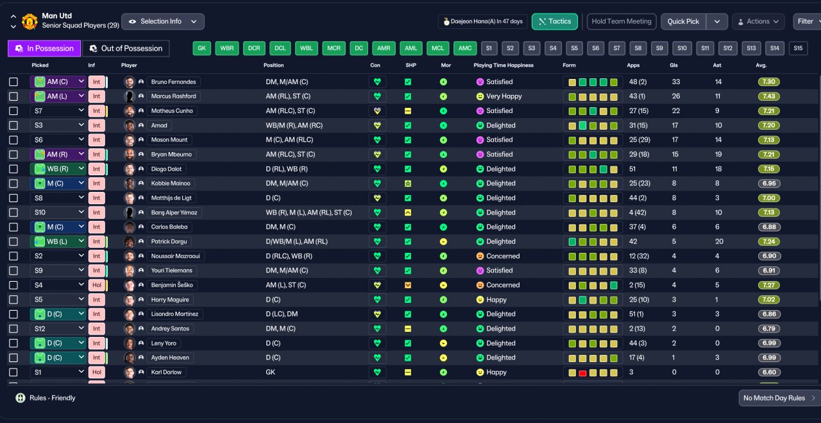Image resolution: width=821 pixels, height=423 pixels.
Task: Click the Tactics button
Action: pos(555,22)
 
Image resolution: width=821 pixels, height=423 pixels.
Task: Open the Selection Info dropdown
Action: pos(163,22)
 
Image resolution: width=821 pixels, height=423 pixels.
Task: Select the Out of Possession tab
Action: pos(126,48)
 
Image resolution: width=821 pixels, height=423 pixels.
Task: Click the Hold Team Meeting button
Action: pos(622,22)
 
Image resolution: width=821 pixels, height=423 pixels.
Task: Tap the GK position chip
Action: pos(201,48)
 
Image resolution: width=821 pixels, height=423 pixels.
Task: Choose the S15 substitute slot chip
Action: pos(798,48)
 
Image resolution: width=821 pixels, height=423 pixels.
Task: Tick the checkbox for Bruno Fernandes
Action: pos(13,82)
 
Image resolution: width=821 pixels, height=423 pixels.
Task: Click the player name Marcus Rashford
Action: pos(173,96)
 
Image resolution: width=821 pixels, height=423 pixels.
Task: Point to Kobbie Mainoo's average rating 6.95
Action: pos(769,184)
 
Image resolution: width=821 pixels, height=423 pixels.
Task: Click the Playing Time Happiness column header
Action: pos(504,65)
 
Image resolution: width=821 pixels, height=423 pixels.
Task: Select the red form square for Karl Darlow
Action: pos(582,373)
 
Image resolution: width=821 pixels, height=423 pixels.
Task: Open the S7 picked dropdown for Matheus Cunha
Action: pos(58,111)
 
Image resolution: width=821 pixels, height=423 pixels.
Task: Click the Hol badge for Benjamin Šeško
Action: pos(97,285)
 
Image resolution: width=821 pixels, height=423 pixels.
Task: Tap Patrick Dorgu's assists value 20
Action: pos(719,241)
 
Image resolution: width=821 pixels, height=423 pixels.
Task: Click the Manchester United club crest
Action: pos(30,22)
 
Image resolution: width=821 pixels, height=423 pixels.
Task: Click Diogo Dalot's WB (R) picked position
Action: pos(58,169)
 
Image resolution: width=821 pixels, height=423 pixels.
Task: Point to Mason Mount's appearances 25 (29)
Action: pos(639,140)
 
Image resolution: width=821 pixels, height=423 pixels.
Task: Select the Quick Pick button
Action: pos(683,22)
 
